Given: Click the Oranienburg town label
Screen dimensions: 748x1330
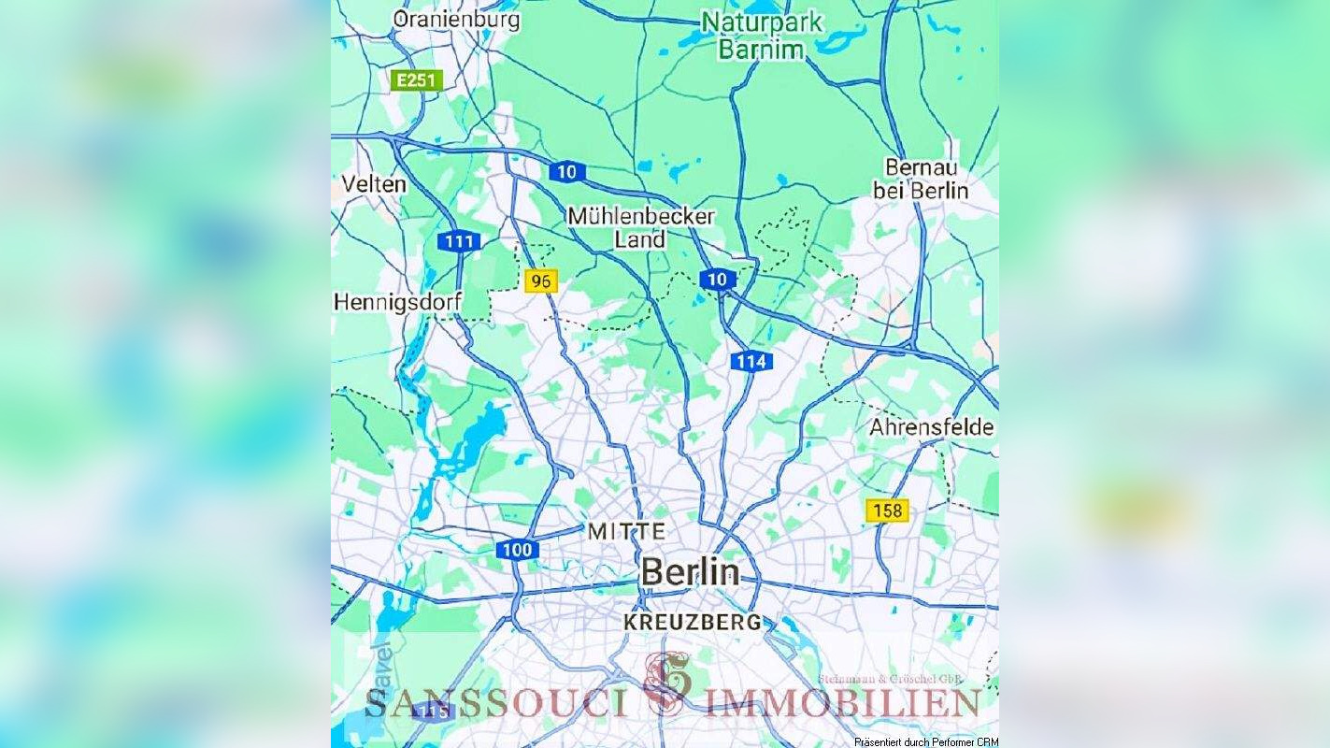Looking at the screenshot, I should point(456,19).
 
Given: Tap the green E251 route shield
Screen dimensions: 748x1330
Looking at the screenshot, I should point(416,80).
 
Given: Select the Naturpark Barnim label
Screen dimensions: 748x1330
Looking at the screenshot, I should point(762,36).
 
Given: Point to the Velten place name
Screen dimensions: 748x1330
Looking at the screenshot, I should point(374,183).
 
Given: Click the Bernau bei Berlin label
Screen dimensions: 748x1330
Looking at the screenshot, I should point(921,179).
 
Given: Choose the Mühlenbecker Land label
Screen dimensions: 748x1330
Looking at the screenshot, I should point(640,228).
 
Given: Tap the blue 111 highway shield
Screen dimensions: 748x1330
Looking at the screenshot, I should point(459,242).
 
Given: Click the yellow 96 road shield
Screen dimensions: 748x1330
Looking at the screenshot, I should point(541,281).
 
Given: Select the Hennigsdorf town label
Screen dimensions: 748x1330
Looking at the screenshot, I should point(397,303).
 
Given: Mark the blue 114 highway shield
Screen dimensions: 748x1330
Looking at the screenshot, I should point(751,362).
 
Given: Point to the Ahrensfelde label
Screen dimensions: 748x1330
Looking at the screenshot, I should point(931,427).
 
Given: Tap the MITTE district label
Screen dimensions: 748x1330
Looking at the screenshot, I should point(626,531).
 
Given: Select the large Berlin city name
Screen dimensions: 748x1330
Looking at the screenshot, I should point(690,571).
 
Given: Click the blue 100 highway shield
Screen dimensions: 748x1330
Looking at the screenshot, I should point(515,550).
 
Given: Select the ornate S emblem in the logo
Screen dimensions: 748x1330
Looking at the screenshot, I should point(667,683).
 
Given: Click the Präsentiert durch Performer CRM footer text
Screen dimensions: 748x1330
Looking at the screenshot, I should point(925,741).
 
